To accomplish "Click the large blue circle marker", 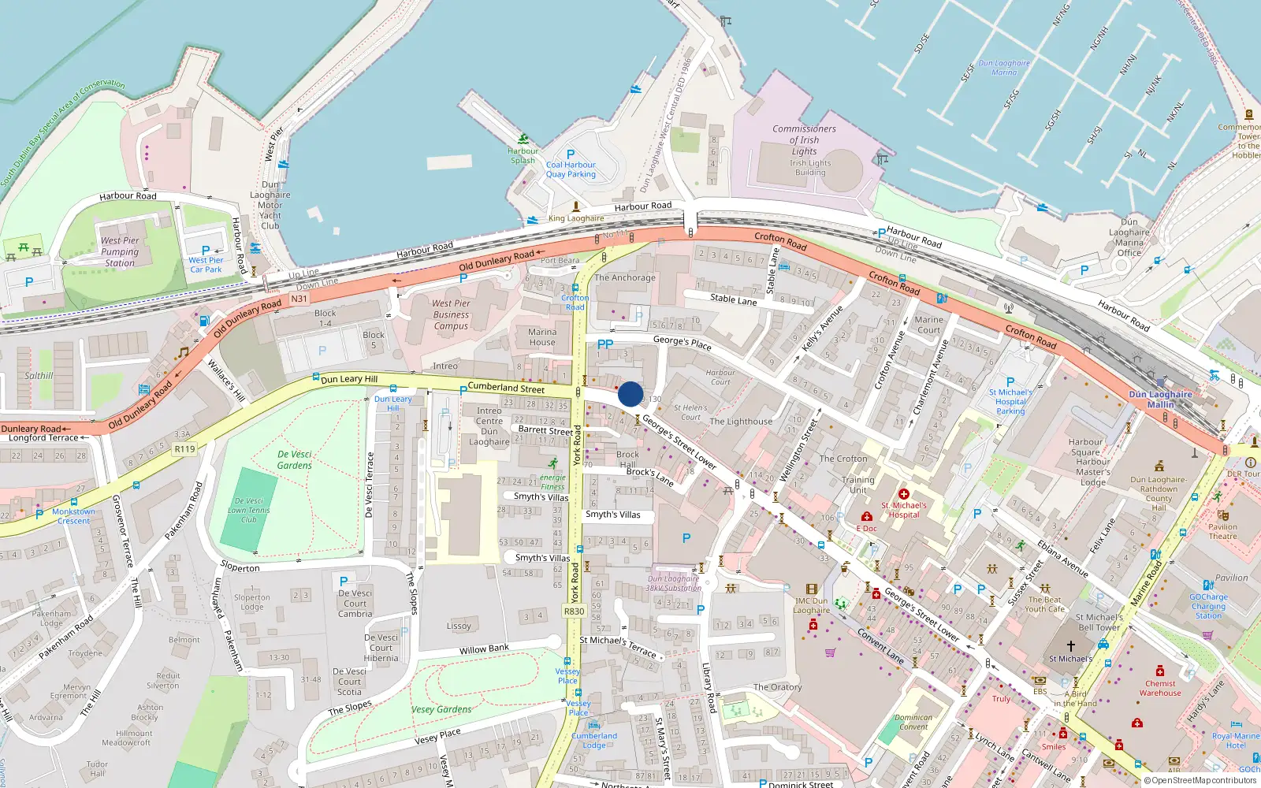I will click(x=630, y=394).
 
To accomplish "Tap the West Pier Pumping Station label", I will click(x=120, y=252).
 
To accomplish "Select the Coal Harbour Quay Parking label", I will click(x=571, y=169).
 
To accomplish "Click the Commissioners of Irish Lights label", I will click(x=804, y=139).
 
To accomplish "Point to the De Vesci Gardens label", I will click(x=295, y=460).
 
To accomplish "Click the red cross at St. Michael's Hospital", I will click(x=904, y=494).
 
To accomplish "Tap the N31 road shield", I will click(x=299, y=299).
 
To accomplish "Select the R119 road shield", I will click(x=184, y=449).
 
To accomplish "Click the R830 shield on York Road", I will click(x=575, y=611).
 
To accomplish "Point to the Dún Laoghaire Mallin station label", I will click(x=1160, y=400).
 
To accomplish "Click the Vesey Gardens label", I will click(x=441, y=709).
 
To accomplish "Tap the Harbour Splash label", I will click(x=523, y=155).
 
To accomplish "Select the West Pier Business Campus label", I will click(x=451, y=314).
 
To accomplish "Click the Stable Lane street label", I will click(x=733, y=299).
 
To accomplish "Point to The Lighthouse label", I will click(x=741, y=422).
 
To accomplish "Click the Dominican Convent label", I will click(x=913, y=722).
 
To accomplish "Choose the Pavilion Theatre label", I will click(x=1222, y=532).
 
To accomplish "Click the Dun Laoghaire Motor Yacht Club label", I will click(x=270, y=205).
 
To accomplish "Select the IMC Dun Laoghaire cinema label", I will click(x=811, y=605).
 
